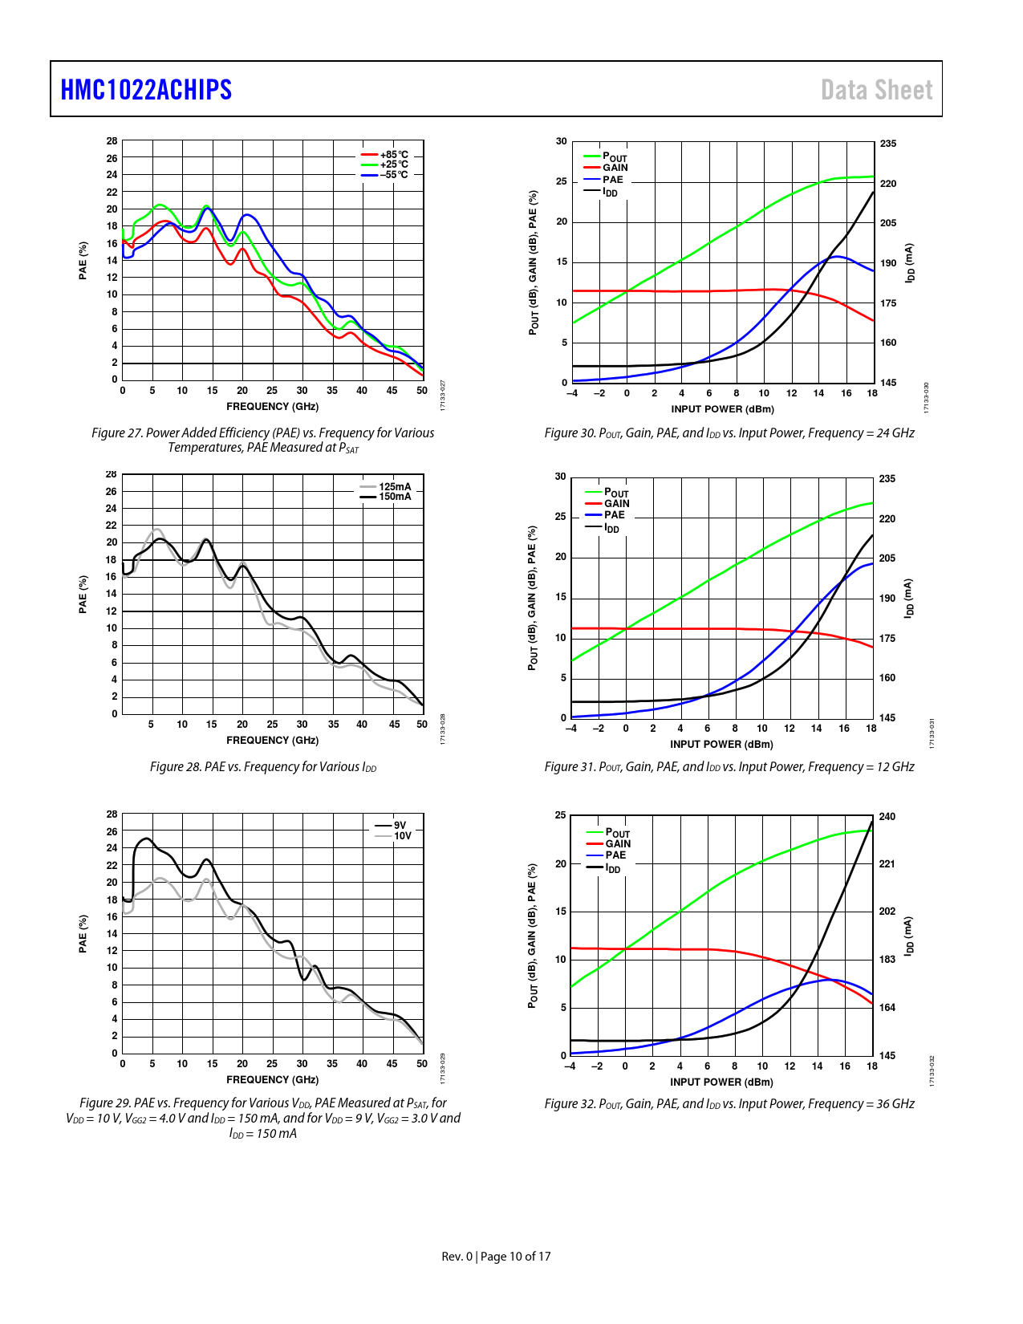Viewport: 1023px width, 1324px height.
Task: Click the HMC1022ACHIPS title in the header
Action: (x=146, y=90)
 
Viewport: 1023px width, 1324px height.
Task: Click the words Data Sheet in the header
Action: (x=876, y=90)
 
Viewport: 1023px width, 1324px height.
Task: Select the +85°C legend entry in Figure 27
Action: (x=393, y=155)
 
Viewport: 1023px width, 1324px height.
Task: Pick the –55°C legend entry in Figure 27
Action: (x=393, y=175)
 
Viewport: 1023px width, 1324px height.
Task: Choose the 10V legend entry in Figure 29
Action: (x=402, y=836)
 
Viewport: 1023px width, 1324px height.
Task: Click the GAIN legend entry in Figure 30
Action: (x=615, y=168)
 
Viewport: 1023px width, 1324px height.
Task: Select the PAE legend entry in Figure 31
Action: (x=615, y=515)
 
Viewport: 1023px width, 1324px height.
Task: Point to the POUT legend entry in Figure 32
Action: (x=617, y=833)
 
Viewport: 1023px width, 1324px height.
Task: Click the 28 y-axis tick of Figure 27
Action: (x=112, y=141)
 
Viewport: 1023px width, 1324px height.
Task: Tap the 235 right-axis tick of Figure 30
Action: (x=888, y=144)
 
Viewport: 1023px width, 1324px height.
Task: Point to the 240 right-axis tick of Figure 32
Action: (x=887, y=817)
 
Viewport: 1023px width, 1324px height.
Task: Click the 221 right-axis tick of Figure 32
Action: (x=887, y=864)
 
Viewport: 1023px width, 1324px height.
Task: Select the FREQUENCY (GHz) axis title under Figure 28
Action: (x=272, y=741)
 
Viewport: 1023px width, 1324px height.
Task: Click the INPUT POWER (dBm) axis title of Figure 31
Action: (x=721, y=745)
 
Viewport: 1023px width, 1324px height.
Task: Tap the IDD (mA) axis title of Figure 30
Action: (x=910, y=263)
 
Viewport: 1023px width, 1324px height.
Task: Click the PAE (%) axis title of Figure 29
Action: (x=83, y=933)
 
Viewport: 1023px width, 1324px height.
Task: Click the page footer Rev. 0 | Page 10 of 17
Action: (x=496, y=1257)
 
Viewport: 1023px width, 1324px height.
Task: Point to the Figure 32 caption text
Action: (x=729, y=1104)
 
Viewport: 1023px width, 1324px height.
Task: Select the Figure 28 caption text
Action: (x=263, y=767)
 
